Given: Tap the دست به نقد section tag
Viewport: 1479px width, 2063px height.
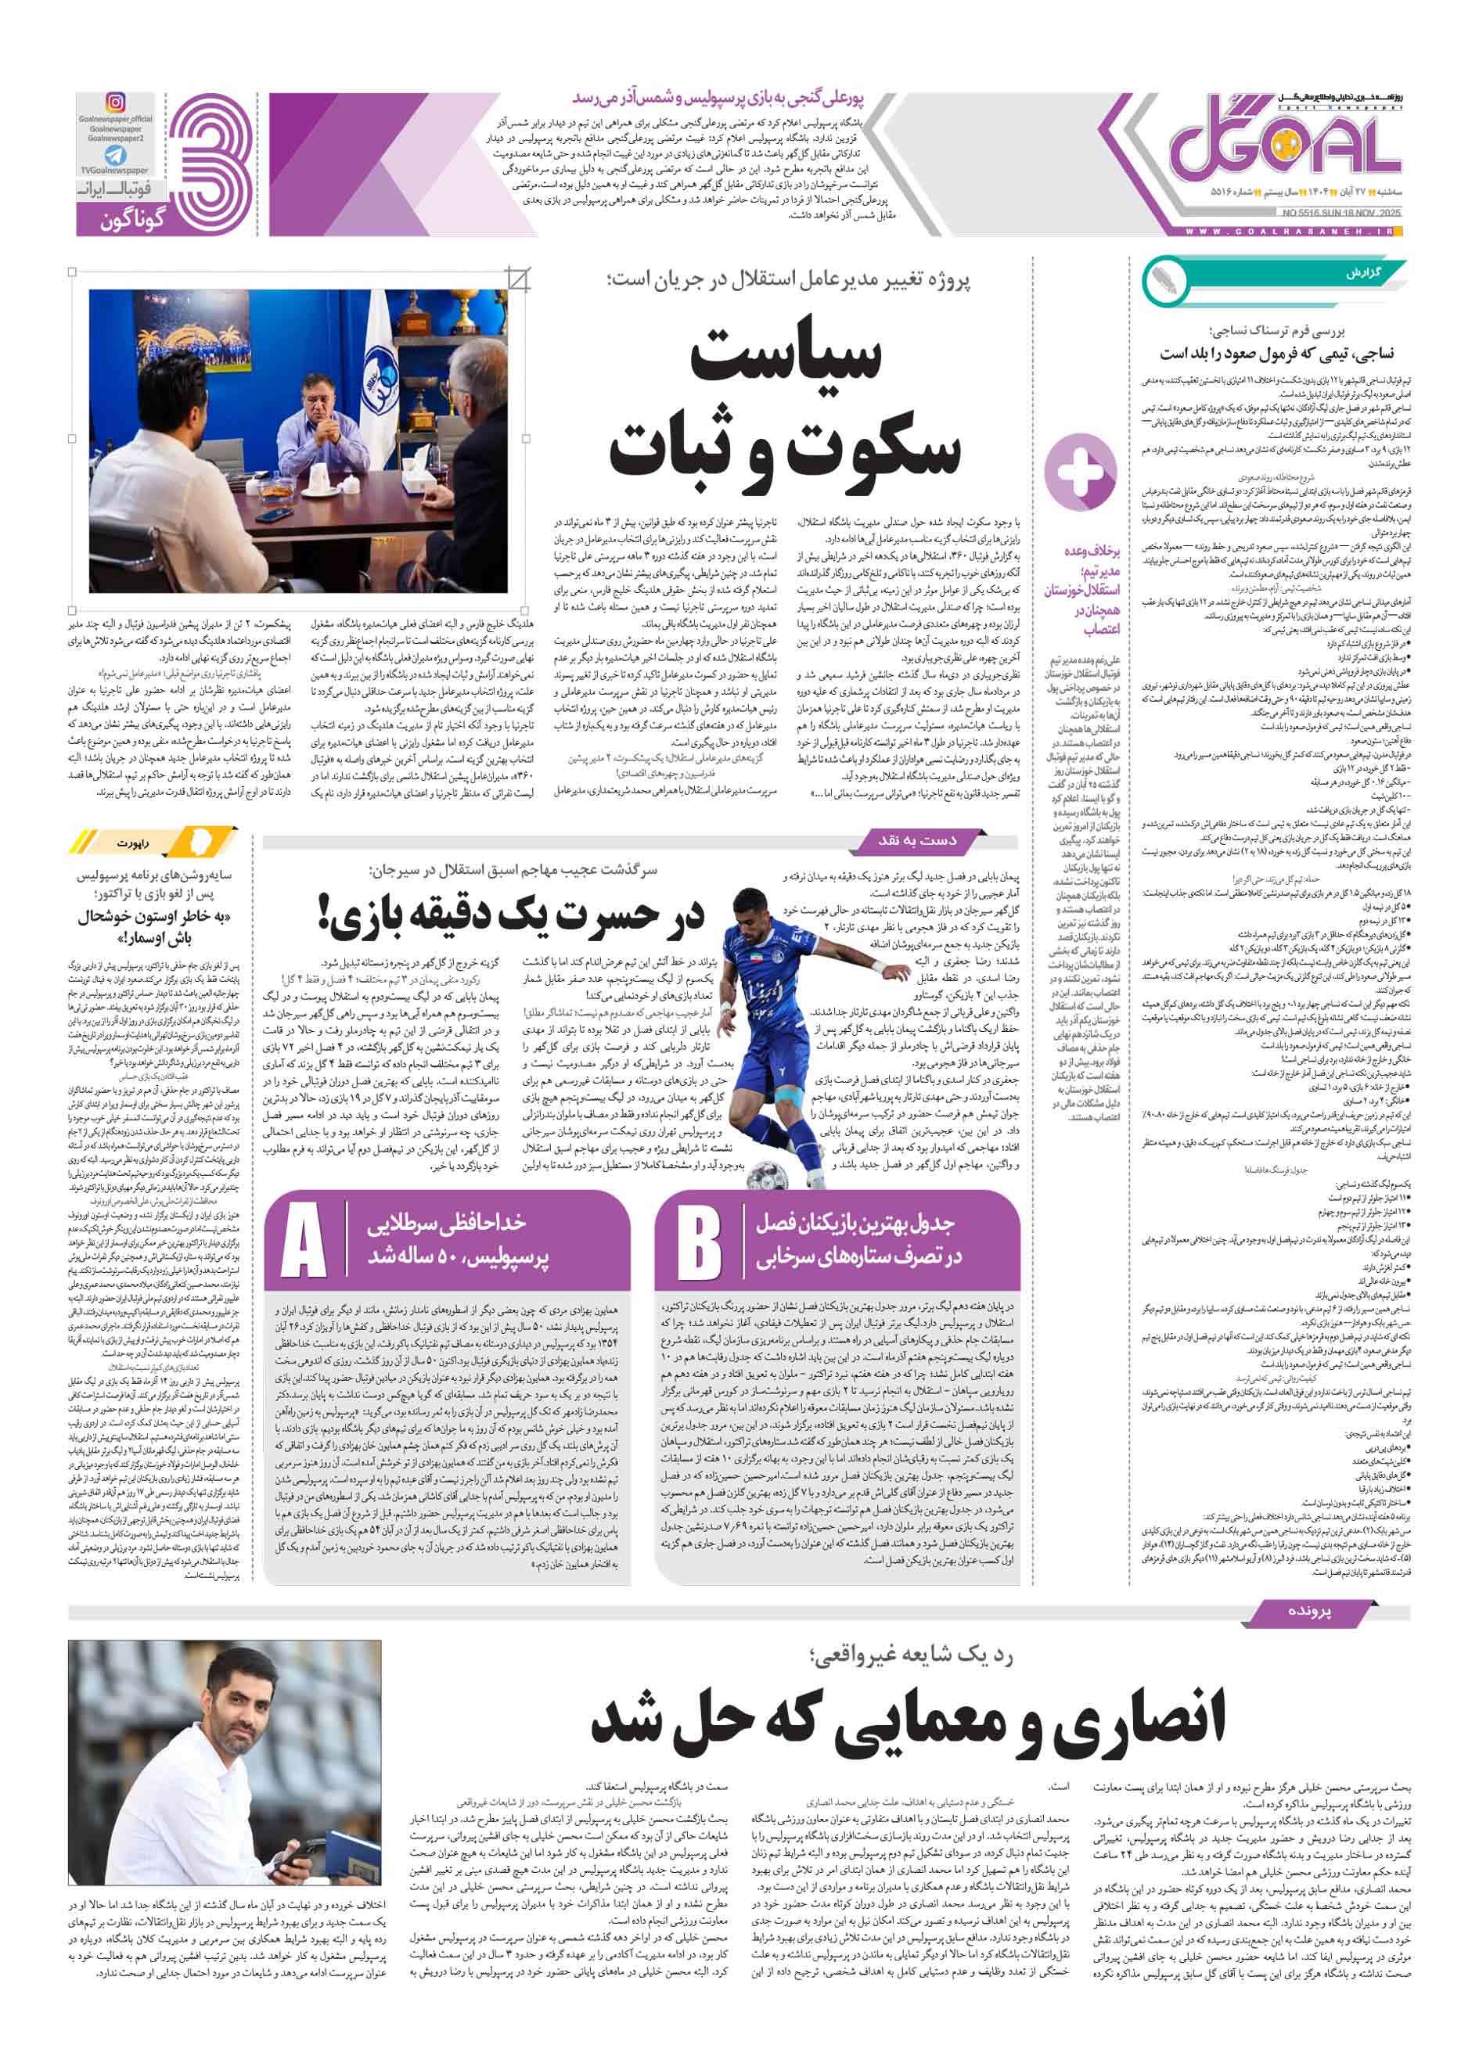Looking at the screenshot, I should tap(918, 839).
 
